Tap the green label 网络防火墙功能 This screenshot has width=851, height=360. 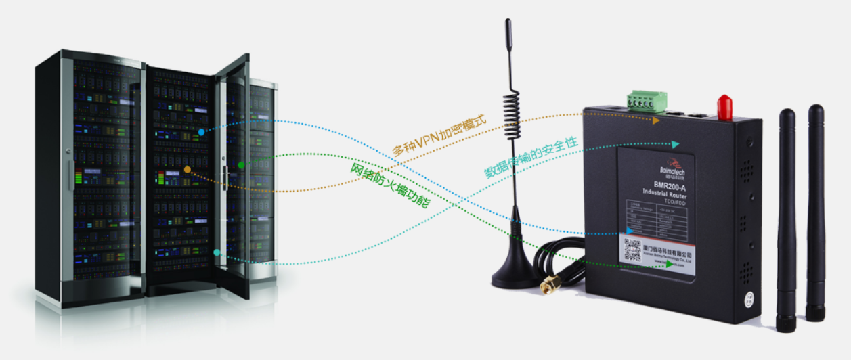click(x=389, y=184)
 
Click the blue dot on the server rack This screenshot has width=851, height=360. click(x=201, y=131)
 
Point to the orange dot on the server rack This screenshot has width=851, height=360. click(x=188, y=168)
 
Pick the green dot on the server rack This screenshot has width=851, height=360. click(x=241, y=164)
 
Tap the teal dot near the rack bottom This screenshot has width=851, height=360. click(x=217, y=252)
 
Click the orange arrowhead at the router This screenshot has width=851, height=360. click(x=655, y=121)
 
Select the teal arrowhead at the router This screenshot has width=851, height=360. click(x=674, y=144)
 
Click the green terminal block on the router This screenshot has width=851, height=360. click(x=646, y=101)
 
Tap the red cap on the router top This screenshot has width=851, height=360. click(x=724, y=106)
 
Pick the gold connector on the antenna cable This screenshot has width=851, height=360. click(x=548, y=287)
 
